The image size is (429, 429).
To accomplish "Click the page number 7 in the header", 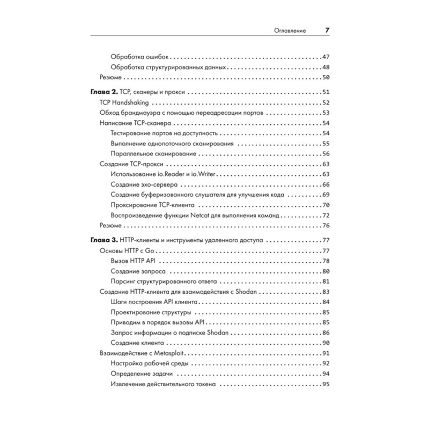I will tap(327, 31).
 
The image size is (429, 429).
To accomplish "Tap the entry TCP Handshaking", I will tap(124, 102).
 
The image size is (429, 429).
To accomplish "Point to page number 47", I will tap(325, 57).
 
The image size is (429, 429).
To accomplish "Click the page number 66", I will tap(325, 184).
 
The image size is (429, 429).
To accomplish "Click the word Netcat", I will tap(202, 216).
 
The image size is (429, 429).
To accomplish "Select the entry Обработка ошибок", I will tap(139, 57).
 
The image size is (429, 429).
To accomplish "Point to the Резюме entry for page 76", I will tap(112, 226).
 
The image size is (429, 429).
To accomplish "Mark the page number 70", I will tap(325, 205).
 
